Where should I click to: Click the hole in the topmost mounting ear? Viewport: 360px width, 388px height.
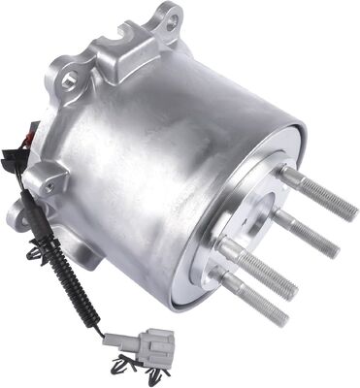click(x=167, y=16)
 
